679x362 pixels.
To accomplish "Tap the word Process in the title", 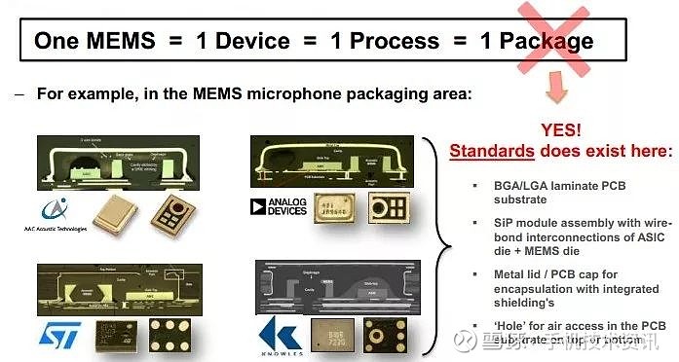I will [396, 41].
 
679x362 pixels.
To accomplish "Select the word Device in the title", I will [253, 41].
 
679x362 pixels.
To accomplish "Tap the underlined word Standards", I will [491, 151].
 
